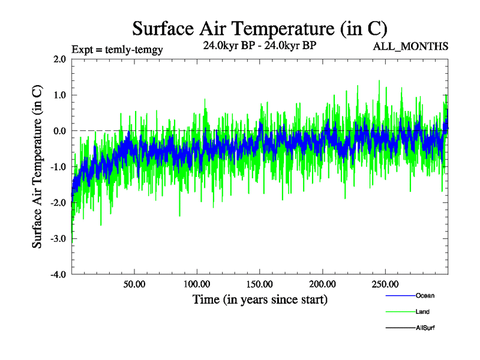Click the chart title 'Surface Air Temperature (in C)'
259,28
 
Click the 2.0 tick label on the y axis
59,59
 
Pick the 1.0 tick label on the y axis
59,95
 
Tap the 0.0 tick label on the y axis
59,131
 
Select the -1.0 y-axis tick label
58,167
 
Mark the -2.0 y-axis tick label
58,203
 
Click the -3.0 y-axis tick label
58,239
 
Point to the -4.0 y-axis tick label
58,275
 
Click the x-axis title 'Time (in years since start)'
260,299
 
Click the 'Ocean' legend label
425,296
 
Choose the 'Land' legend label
422,312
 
